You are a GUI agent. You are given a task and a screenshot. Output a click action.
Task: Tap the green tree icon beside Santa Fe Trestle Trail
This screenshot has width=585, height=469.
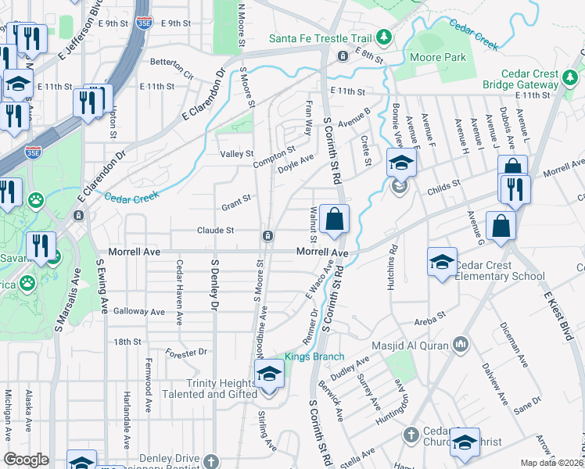[x=384, y=38]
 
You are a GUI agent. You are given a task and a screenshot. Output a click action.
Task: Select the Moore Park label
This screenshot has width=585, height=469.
[x=443, y=57]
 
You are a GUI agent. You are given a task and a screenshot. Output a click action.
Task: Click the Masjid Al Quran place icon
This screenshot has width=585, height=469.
[x=461, y=345]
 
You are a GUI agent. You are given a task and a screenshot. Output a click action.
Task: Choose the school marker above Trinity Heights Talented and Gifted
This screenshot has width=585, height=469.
[x=269, y=374]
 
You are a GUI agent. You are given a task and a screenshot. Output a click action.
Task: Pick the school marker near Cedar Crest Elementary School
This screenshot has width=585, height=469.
[x=442, y=261]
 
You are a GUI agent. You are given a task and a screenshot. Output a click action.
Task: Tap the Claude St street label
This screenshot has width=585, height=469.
[x=215, y=231]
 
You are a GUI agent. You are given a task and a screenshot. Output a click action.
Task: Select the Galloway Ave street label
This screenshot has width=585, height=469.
[x=139, y=311]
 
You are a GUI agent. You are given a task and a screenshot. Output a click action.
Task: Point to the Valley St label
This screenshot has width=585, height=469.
[x=237, y=154]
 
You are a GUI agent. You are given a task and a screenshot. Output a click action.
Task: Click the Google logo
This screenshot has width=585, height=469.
[x=27, y=460]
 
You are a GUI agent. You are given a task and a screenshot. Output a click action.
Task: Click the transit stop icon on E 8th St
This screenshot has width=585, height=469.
[x=343, y=56]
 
